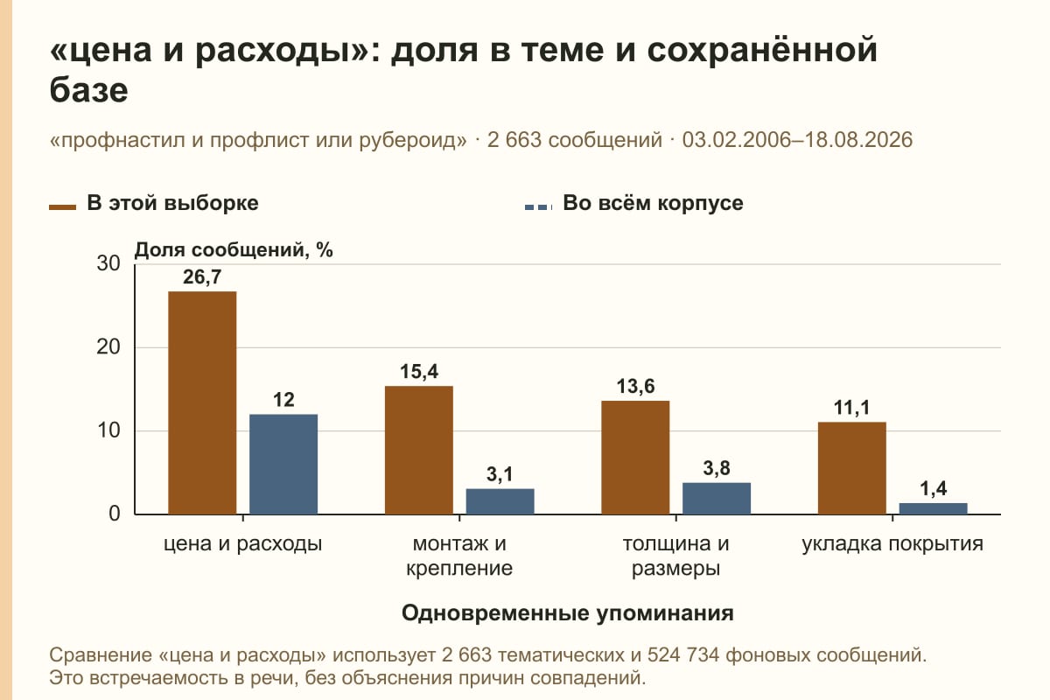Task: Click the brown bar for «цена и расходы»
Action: [202, 402]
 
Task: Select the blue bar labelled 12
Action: [283, 464]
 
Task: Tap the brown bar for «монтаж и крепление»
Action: [418, 450]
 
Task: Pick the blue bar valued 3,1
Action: [500, 501]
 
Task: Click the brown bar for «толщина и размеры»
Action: [635, 458]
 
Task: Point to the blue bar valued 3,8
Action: [717, 499]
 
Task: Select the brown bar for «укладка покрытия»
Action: [851, 468]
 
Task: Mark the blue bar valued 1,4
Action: [933, 508]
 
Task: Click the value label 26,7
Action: [202, 277]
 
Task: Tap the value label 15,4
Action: [419, 372]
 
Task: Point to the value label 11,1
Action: [851, 408]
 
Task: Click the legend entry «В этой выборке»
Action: [154, 204]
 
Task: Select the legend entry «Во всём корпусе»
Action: [634, 204]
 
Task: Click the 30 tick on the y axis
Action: [108, 263]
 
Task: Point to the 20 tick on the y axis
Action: [108, 347]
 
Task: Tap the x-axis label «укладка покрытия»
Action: [892, 544]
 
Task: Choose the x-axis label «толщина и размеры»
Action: [675, 556]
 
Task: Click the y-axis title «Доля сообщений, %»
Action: [234, 250]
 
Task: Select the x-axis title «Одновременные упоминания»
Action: [568, 613]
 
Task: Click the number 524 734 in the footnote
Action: [683, 655]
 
